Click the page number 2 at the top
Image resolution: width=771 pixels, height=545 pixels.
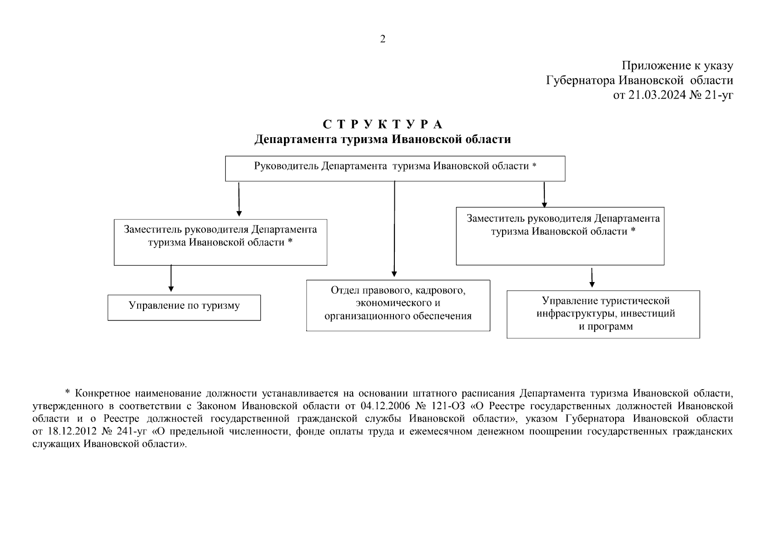pyautogui.click(x=383, y=39)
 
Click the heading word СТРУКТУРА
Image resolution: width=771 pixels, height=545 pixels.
pyautogui.click(x=383, y=124)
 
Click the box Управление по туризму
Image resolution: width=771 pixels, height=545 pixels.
pyautogui.click(x=184, y=307)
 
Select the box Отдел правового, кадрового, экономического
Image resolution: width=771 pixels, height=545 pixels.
pyautogui.click(x=398, y=305)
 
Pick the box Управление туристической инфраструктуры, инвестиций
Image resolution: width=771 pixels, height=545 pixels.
pyautogui.click(x=603, y=314)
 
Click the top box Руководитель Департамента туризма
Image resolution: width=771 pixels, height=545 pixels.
pyautogui.click(x=395, y=168)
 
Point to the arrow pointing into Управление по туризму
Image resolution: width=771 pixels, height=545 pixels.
pyautogui.click(x=171, y=278)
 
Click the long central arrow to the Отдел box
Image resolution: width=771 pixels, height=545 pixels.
pyautogui.click(x=394, y=227)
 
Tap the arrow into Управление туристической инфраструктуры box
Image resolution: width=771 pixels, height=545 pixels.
pyautogui.click(x=592, y=278)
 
